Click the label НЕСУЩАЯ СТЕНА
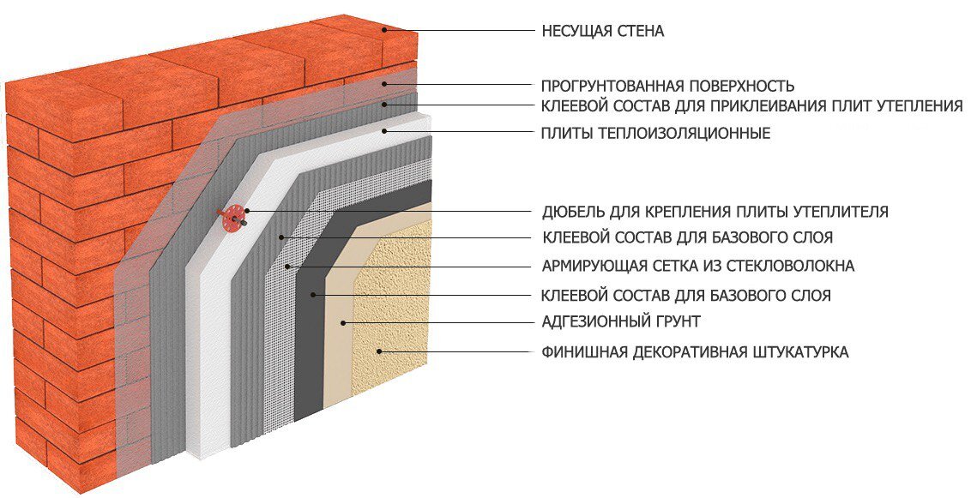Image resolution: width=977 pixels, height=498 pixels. (603, 32)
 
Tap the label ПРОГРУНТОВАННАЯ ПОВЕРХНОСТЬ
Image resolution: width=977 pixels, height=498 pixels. (667, 86)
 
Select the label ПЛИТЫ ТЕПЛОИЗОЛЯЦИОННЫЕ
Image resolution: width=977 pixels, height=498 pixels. (655, 133)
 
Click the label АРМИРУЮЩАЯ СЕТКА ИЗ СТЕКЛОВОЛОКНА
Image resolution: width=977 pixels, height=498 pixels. (698, 266)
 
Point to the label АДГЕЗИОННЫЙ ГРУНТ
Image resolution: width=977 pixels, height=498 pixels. (621, 322)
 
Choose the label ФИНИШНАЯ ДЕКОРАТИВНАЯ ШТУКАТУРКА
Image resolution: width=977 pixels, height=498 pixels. (695, 351)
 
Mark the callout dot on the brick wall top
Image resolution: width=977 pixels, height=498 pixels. (386, 31)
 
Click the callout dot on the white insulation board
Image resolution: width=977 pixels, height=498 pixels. (386, 131)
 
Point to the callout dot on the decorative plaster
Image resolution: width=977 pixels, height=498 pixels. (378, 351)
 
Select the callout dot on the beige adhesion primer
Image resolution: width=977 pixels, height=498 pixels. (342, 323)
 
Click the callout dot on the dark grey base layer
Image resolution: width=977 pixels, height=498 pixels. (316, 296)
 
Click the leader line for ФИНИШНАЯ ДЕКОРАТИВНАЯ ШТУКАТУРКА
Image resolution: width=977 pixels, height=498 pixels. (455, 351)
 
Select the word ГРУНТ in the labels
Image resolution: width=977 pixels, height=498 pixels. (677, 322)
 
